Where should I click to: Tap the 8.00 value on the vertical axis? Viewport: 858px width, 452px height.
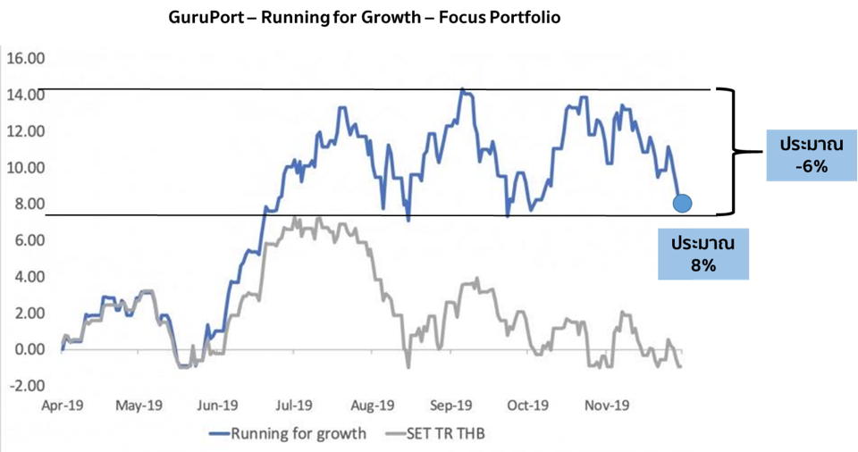(27, 205)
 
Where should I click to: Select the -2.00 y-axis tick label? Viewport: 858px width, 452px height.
(27, 386)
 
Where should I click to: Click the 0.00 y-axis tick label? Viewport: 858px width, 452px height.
(27, 349)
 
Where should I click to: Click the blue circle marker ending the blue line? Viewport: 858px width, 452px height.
(682, 204)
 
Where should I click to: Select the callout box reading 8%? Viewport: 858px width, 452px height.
(703, 254)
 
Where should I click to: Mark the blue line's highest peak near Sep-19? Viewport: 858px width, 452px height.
(462, 89)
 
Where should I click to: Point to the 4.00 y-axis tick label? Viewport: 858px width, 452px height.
(27, 277)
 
